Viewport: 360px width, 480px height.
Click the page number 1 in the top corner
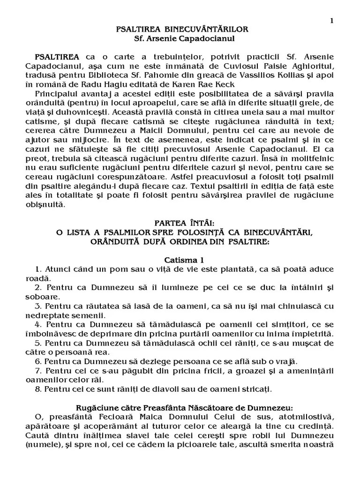(x=332, y=20)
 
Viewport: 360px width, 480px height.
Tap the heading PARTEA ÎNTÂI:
(x=182, y=223)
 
